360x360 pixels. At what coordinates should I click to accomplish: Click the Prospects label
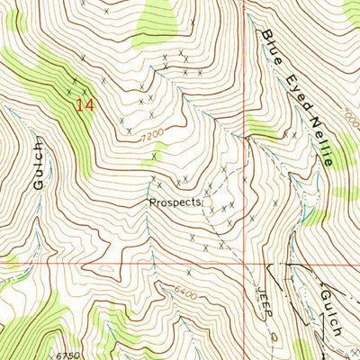pyautogui.click(x=175, y=202)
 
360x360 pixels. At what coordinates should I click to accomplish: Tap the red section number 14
pyautogui.click(x=84, y=105)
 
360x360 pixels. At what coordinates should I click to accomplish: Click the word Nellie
pyautogui.click(x=320, y=133)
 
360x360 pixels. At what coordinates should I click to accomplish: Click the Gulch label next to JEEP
pyautogui.click(x=328, y=312)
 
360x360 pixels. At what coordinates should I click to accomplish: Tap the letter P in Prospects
pyautogui.click(x=152, y=202)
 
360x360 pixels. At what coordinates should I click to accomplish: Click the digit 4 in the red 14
pyautogui.click(x=88, y=105)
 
